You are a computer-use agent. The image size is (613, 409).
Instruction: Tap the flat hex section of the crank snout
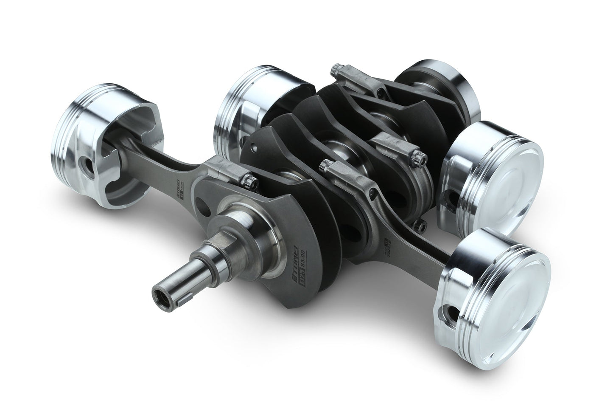[199, 278]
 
